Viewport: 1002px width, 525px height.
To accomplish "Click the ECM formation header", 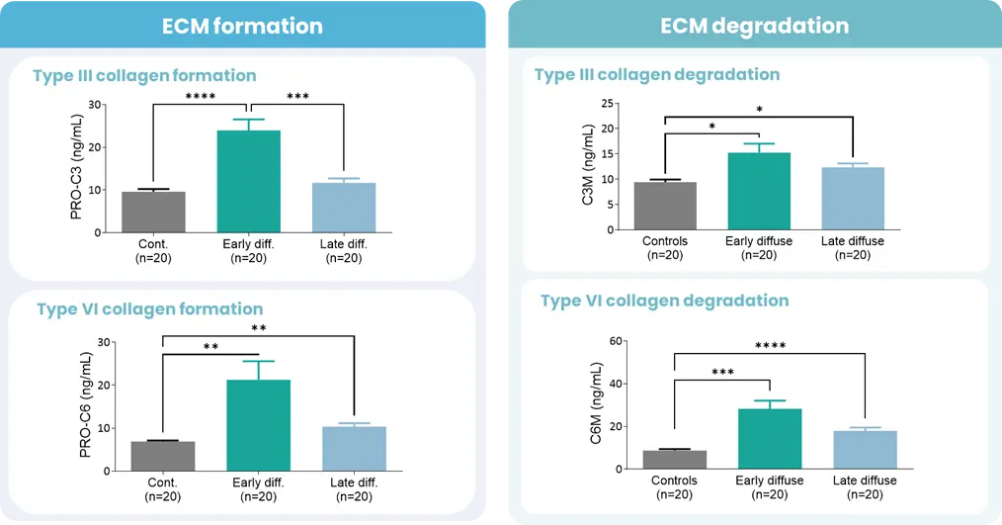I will point(242,26).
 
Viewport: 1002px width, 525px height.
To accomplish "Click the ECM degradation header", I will point(754,26).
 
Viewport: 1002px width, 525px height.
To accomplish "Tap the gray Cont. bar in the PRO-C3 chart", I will point(153,212).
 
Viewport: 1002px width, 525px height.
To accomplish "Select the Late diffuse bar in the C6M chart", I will point(865,450).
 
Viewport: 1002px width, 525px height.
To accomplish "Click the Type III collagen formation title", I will point(144,75).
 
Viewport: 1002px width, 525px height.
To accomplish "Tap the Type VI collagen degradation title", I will point(664,301).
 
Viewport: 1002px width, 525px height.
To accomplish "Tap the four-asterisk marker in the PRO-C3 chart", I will point(202,97).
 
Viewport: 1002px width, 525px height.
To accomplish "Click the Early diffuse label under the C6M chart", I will point(771,481).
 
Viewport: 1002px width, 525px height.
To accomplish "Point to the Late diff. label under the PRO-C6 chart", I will point(354,482).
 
